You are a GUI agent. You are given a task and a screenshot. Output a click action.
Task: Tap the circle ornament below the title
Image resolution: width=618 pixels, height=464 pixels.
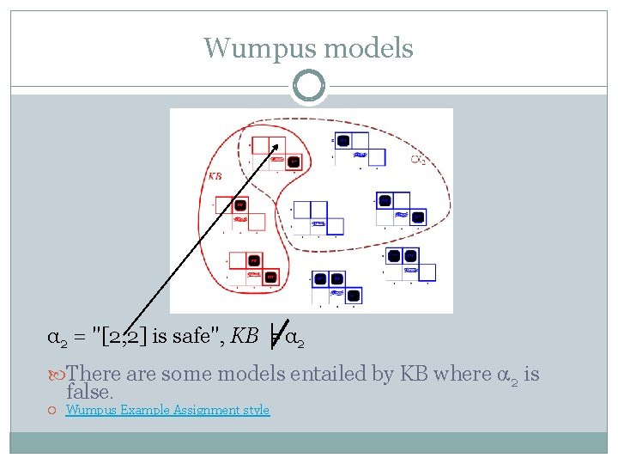[309, 86]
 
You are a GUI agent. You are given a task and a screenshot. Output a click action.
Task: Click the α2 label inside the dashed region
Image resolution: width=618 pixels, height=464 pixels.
[418, 159]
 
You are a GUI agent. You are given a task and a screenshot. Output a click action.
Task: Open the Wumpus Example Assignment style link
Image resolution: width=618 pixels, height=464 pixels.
[167, 411]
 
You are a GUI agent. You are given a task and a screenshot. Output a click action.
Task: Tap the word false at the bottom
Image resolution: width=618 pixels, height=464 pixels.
[89, 393]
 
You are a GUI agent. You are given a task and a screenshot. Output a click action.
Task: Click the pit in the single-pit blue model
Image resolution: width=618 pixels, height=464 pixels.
[343, 140]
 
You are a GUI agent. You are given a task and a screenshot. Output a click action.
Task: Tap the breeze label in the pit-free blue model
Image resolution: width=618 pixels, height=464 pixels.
[318, 223]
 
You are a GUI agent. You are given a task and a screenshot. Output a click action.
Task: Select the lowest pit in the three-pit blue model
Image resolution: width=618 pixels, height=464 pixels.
[353, 295]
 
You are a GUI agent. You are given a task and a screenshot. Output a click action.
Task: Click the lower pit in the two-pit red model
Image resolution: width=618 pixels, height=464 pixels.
[270, 277]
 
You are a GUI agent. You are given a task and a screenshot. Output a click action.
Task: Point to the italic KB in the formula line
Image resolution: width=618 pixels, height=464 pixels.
[245, 336]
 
